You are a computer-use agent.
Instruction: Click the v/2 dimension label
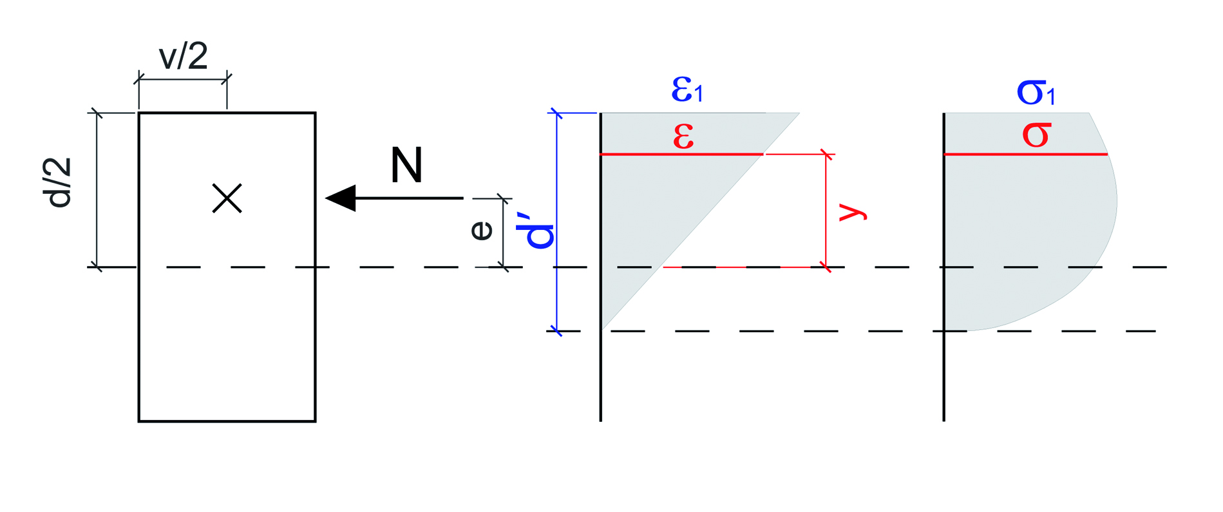184,57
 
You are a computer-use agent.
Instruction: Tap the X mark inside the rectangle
227,198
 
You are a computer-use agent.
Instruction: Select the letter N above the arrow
406,166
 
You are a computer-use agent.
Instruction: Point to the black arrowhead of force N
341,198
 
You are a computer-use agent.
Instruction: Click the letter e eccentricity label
482,230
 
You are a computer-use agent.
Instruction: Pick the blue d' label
540,236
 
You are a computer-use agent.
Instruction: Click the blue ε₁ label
687,90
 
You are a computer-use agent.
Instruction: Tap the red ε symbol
683,136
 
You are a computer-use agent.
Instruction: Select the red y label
853,211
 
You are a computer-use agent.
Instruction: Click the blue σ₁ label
1036,92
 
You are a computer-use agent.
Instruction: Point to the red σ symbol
1036,135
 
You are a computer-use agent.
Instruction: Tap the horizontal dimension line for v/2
183,80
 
